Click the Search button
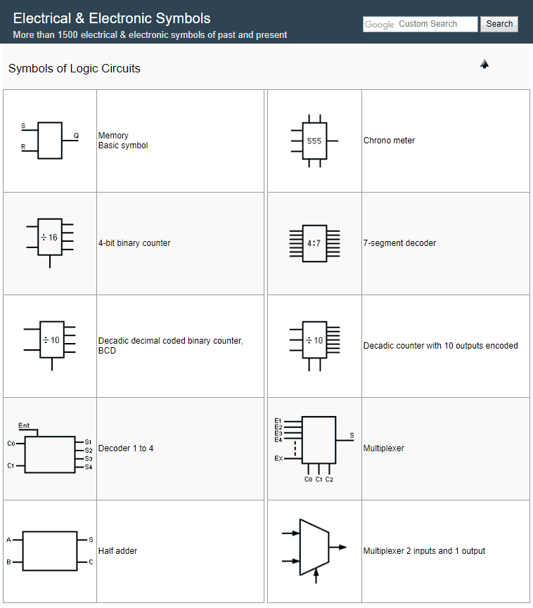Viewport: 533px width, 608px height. [x=499, y=24]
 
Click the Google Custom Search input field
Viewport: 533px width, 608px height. [x=420, y=24]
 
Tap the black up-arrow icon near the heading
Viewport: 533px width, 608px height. [x=484, y=64]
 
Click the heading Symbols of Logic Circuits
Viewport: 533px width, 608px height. [x=75, y=69]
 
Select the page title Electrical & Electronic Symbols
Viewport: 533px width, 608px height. [x=112, y=18]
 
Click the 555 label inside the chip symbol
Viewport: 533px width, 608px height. [x=314, y=141]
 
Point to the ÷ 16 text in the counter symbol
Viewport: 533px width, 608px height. [x=49, y=238]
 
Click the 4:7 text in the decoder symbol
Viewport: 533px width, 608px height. [x=314, y=243]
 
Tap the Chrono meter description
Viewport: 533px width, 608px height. [x=389, y=141]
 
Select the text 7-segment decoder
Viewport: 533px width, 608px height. [x=399, y=243]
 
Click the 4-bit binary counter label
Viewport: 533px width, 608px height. [x=134, y=243]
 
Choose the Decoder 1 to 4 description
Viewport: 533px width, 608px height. [x=126, y=448]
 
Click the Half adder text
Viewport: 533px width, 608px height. [x=117, y=551]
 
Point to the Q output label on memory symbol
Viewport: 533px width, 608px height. [x=76, y=135]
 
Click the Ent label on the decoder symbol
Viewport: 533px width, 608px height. [x=24, y=425]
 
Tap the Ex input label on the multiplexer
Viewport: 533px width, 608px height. [x=278, y=458]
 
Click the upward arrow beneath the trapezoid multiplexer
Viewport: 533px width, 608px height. [x=316, y=576]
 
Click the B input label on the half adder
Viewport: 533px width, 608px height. [x=8, y=562]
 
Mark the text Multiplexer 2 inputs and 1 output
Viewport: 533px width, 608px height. [x=424, y=551]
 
